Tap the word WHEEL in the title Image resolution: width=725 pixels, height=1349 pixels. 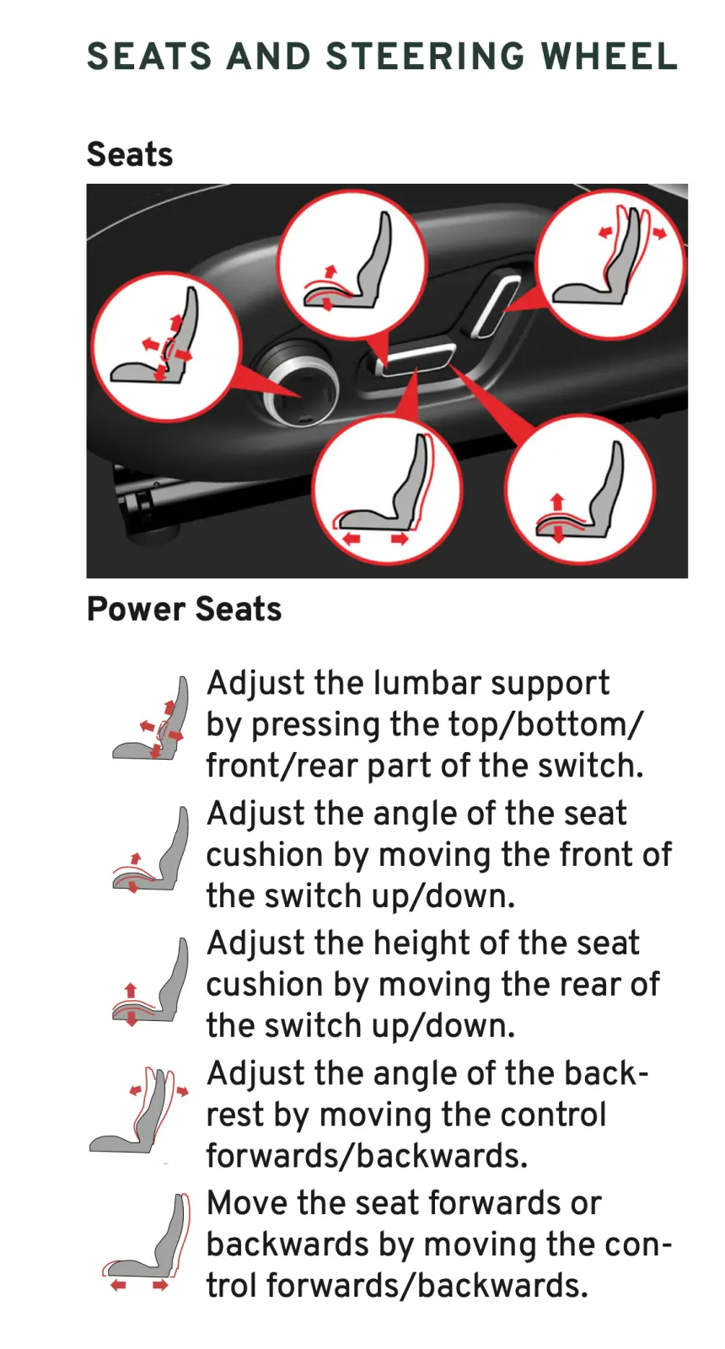coord(610,56)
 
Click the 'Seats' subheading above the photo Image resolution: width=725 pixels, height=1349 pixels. coord(130,154)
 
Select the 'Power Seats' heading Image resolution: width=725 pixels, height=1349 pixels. coord(185,609)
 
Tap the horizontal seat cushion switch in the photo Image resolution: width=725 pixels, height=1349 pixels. coord(418,360)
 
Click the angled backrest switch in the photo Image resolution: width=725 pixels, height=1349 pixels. coord(497,304)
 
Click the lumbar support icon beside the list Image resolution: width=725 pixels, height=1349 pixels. coord(151,717)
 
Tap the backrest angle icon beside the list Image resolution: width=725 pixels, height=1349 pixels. coord(139,1111)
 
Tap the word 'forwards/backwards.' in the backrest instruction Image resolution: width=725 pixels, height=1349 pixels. coord(367,1156)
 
